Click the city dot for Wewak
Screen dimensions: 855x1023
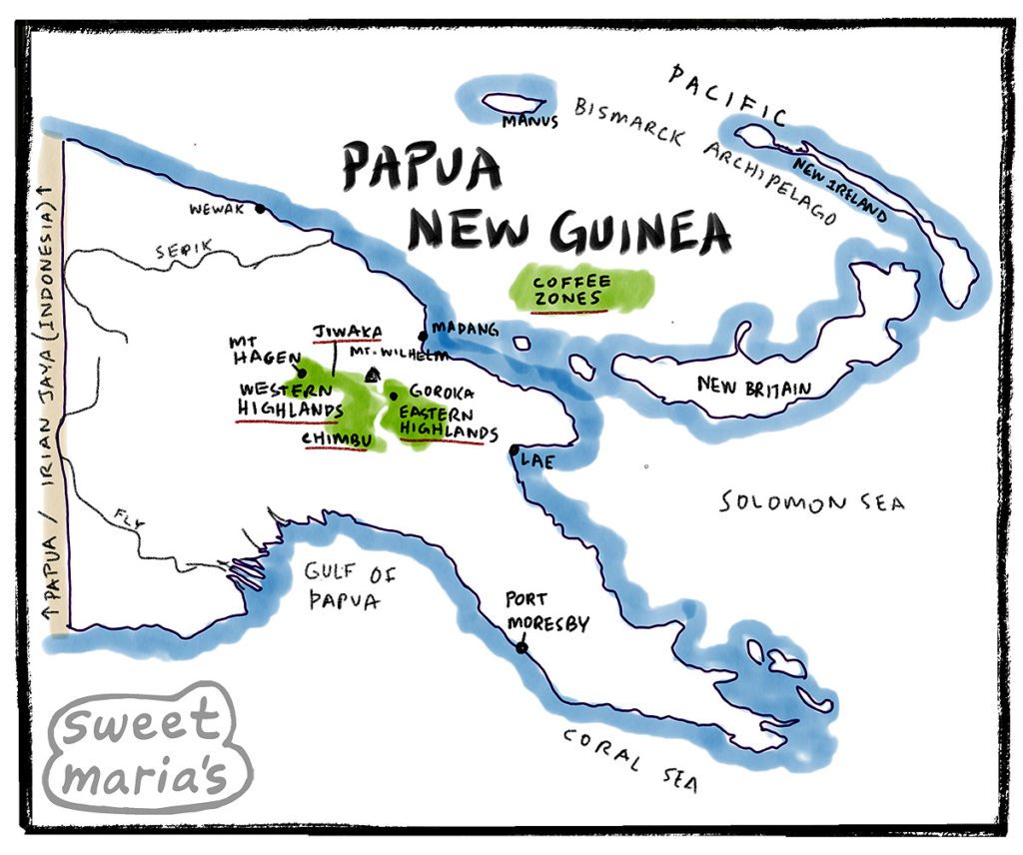coord(260,209)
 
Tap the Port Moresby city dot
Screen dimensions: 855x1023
coord(520,648)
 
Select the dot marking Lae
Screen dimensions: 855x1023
coord(513,450)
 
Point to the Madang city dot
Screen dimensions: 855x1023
coord(423,336)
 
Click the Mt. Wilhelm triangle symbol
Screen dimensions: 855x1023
coord(373,375)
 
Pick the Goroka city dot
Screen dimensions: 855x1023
coord(394,396)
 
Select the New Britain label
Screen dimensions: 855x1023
coord(754,386)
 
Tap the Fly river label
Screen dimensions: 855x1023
coord(124,516)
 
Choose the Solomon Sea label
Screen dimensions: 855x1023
coord(812,502)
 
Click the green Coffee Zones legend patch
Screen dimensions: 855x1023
coord(579,290)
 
